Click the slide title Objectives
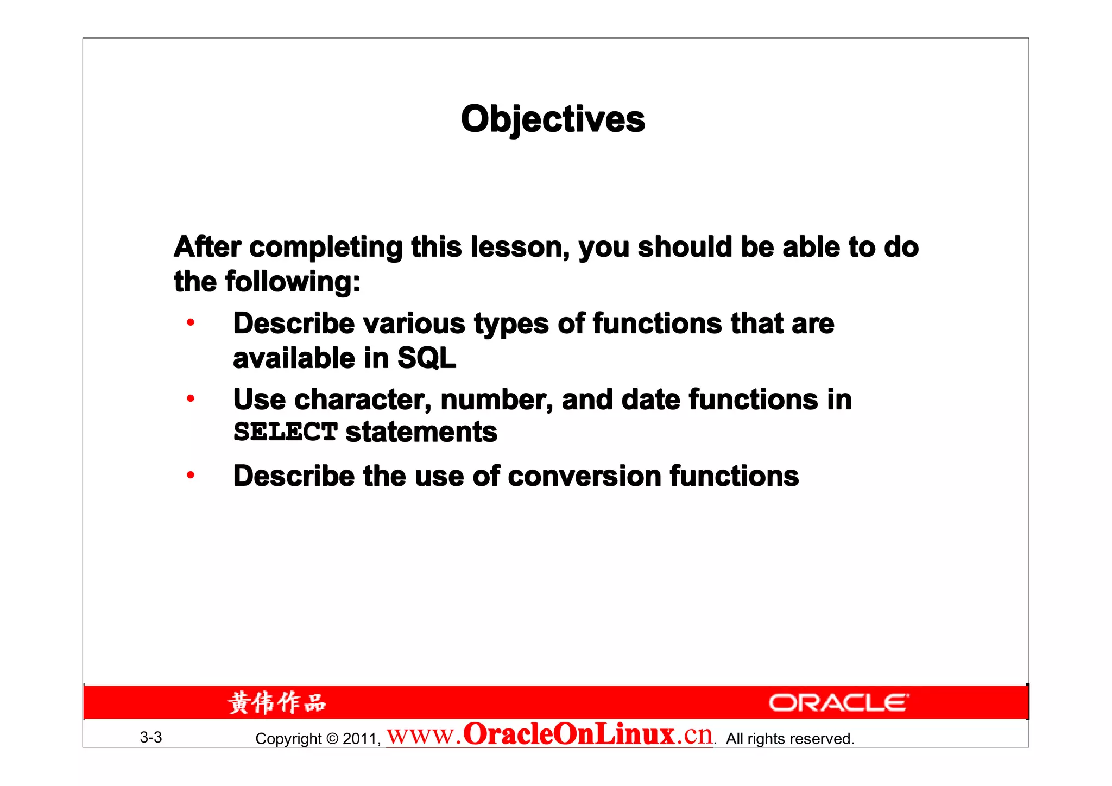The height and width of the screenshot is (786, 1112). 553,119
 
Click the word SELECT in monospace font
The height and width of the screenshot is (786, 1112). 286,432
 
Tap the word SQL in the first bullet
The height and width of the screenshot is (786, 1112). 427,358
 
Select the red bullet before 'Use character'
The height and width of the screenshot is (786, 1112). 191,399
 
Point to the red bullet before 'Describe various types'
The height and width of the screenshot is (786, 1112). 191,323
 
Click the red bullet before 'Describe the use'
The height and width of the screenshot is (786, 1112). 191,476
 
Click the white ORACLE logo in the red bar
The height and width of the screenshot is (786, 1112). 839,703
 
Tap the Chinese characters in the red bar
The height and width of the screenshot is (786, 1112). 277,703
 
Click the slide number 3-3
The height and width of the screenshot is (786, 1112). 151,737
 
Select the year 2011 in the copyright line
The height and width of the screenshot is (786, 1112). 360,739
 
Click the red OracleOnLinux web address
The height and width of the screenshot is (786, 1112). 549,735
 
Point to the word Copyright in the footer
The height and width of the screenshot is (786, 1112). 288,739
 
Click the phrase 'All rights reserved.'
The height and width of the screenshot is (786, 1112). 790,739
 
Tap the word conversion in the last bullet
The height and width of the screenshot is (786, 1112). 584,476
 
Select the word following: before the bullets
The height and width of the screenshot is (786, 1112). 293,282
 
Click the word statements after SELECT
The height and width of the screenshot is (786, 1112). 421,432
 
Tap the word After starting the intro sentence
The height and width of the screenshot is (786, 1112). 207,247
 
